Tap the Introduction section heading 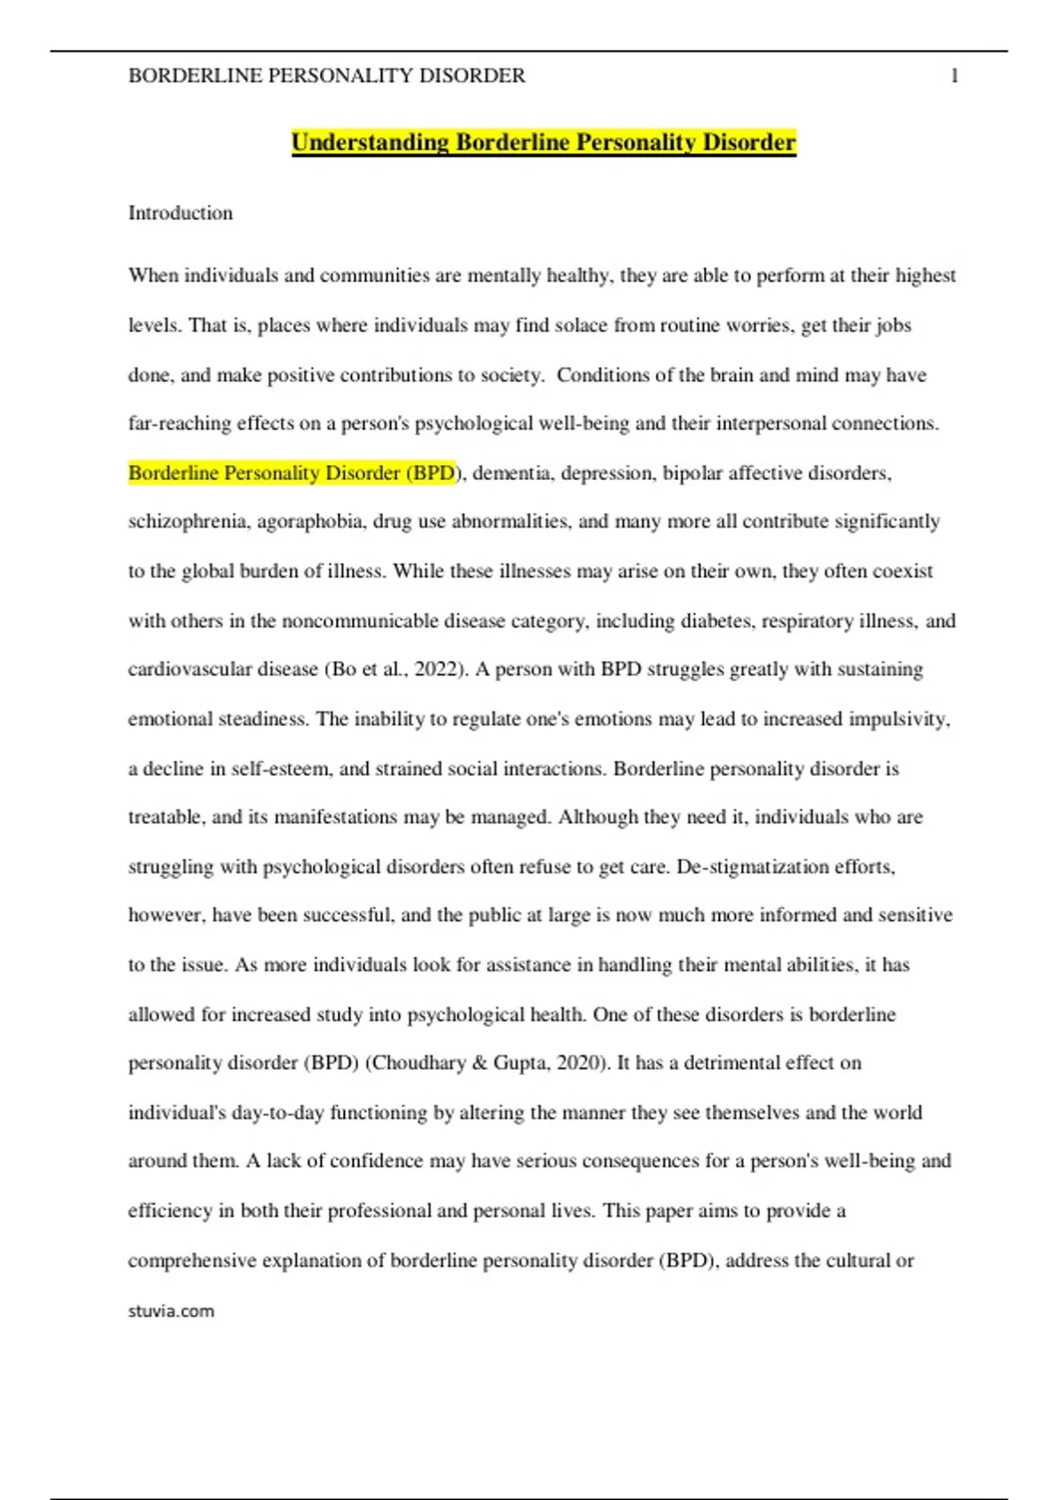(x=180, y=214)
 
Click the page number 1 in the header (x=954, y=77)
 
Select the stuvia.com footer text (x=171, y=1311)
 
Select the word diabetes (x=717, y=621)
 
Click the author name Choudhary (x=417, y=1063)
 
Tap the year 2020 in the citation (x=577, y=1063)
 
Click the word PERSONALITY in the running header (x=340, y=77)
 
